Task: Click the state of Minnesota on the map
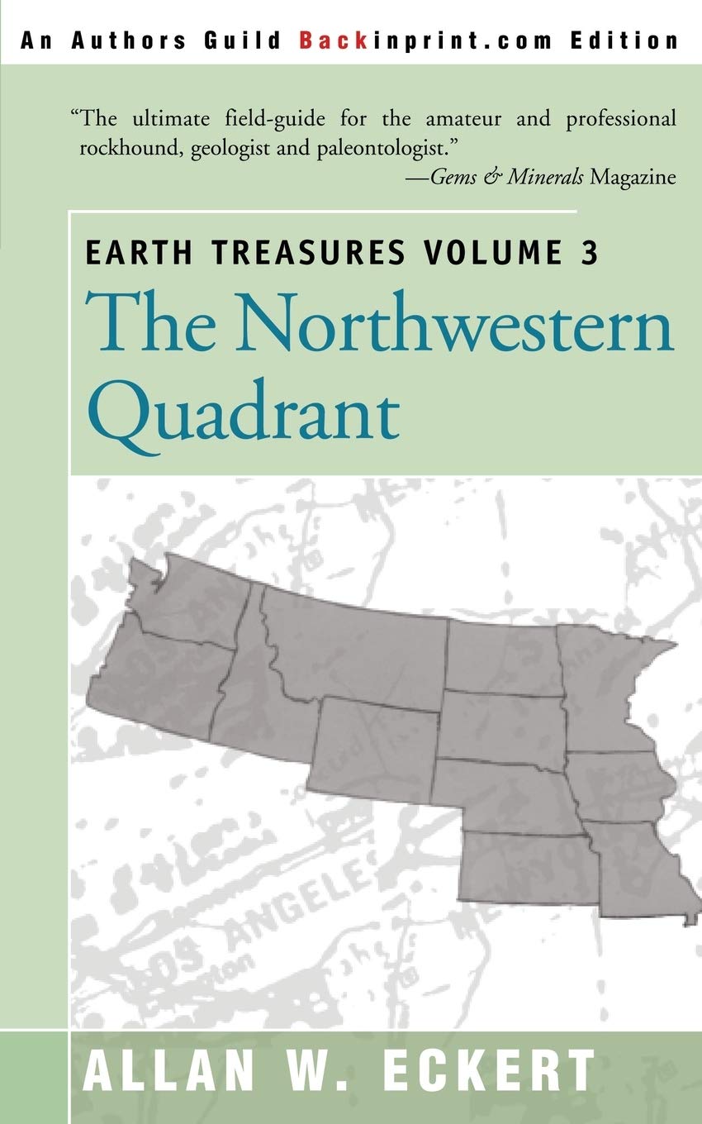click(x=603, y=686)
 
